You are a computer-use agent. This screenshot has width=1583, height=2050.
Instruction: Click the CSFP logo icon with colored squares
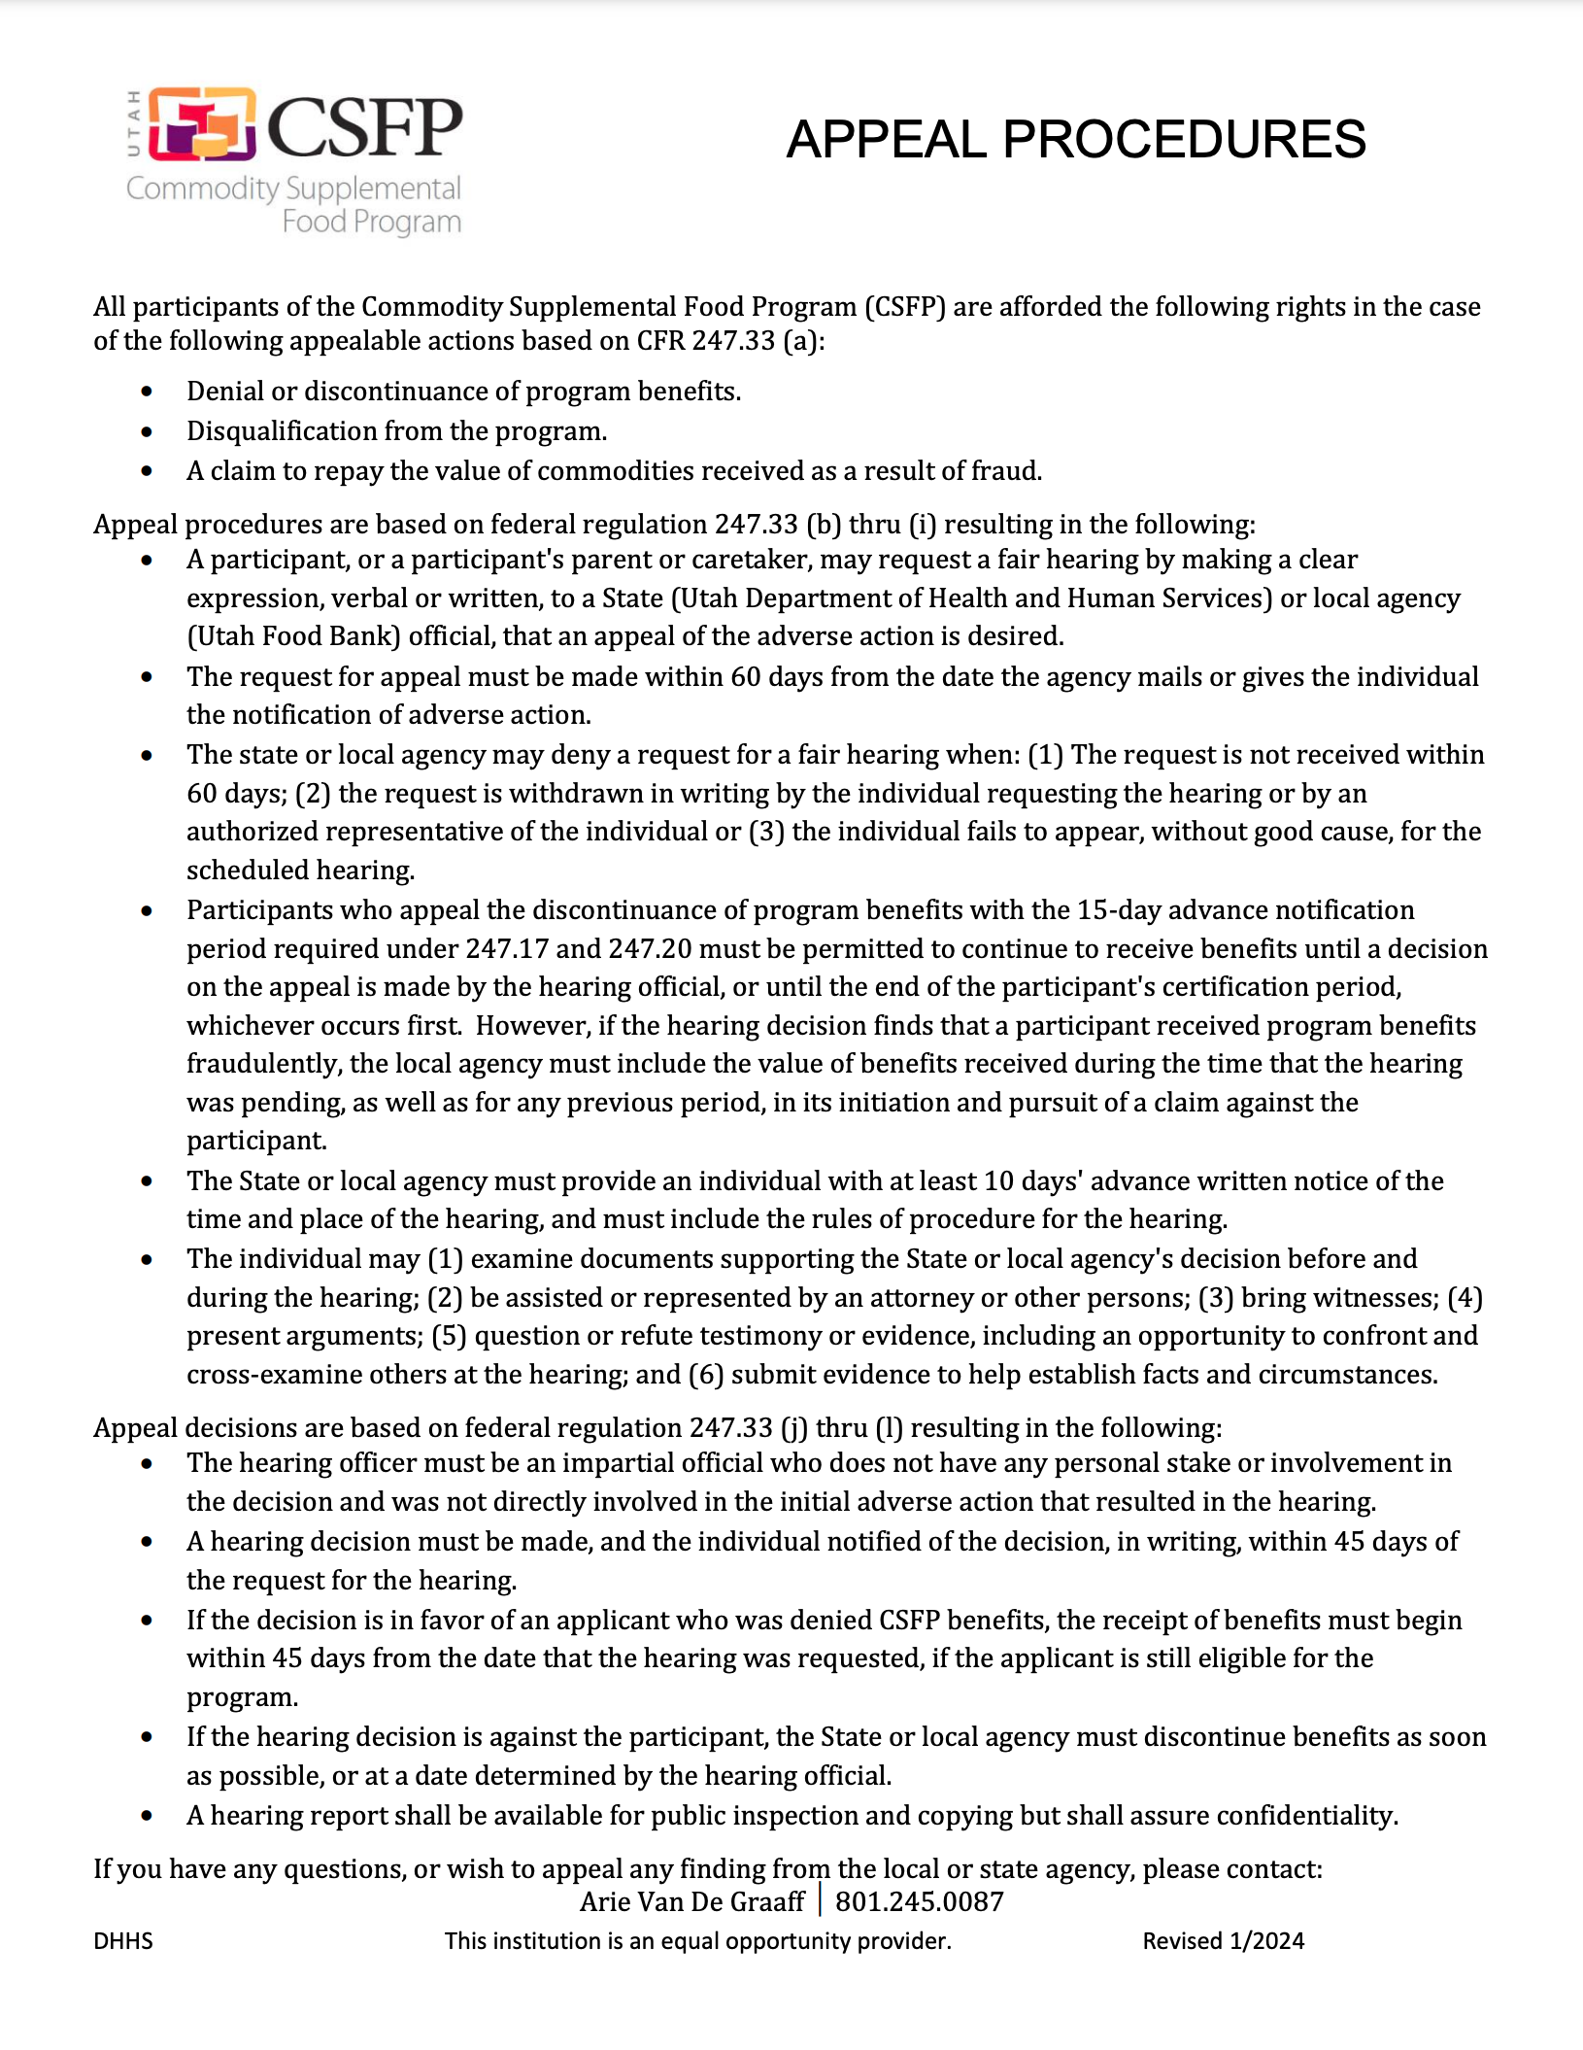coord(202,123)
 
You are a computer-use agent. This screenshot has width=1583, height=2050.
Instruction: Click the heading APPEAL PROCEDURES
coord(1075,139)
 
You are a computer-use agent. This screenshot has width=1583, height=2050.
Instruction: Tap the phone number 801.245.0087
coord(919,1901)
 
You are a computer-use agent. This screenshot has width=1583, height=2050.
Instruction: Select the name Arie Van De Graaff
coord(691,1901)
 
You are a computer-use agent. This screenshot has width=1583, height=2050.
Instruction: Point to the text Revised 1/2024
coord(1223,1940)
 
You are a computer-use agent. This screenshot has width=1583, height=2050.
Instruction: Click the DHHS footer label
coord(123,1940)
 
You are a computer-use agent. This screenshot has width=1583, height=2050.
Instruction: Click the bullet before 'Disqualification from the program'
coord(147,431)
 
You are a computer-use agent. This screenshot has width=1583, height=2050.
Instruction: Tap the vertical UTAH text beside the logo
coord(134,123)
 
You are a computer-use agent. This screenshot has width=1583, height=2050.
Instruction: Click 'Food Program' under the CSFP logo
coord(371,222)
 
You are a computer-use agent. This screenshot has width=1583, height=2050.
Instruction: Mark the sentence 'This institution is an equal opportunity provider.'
coord(697,1940)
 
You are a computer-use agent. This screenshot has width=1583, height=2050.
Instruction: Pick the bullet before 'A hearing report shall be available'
coord(147,1816)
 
